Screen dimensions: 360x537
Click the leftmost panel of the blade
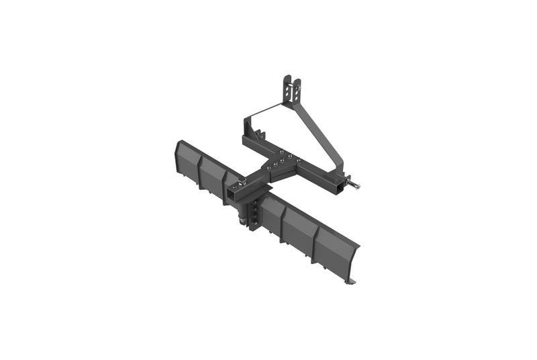coord(187,159)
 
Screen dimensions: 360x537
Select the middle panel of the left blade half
coord(211,174)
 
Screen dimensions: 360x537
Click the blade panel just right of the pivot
coord(273,214)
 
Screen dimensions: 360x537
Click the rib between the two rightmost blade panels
coord(316,236)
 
